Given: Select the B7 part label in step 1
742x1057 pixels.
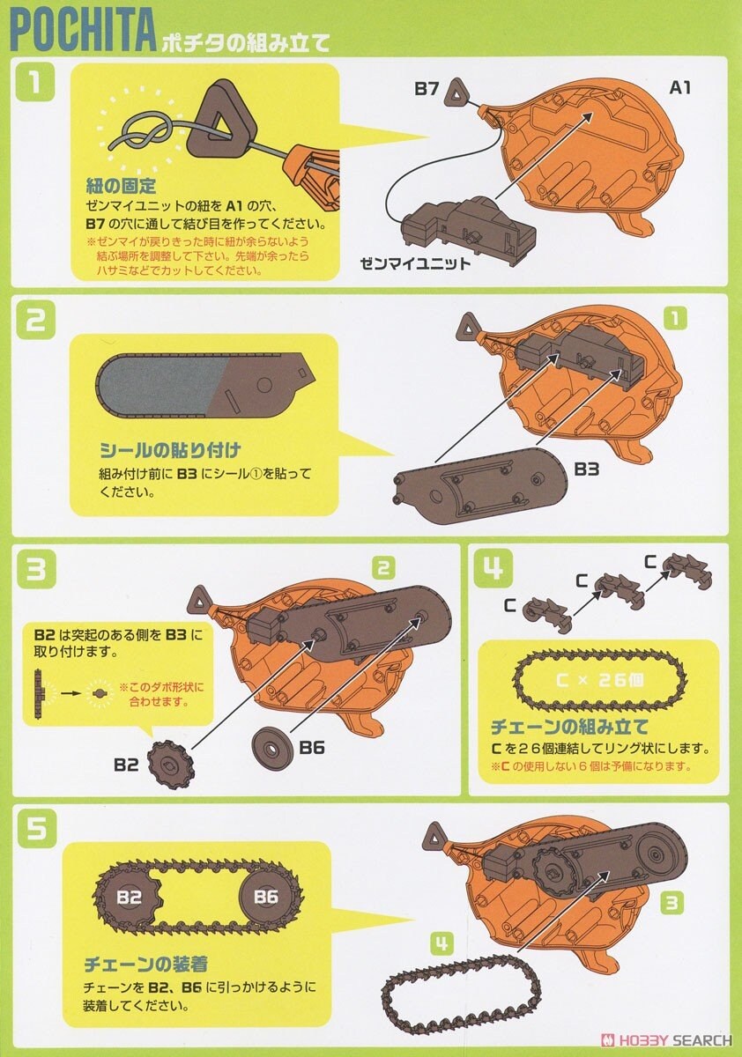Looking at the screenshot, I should click(x=427, y=89).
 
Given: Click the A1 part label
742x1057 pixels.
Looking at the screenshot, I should click(x=680, y=87).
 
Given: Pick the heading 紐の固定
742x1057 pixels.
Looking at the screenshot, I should click(x=122, y=186).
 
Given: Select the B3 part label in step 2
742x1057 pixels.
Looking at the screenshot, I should click(x=587, y=469).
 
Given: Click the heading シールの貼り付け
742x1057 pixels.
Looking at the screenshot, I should click(x=169, y=450).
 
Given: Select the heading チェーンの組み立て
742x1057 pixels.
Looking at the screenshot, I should click(x=570, y=727).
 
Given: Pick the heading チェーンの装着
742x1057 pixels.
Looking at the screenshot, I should click(x=145, y=963).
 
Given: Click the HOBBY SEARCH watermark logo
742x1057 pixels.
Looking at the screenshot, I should click(x=666, y=1039).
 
